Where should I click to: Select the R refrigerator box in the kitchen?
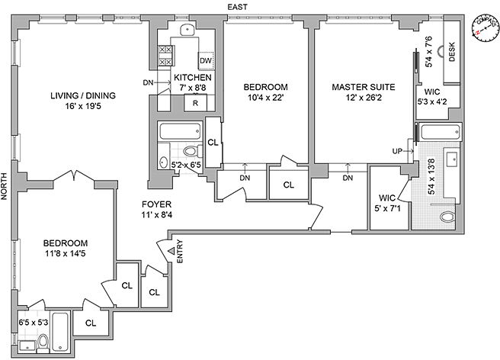point(196,102)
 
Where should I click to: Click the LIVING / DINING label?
point(83,95)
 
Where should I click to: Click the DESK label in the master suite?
point(451,53)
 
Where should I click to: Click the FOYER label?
point(157,204)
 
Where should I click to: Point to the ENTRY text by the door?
point(180,252)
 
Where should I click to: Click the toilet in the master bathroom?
point(450,217)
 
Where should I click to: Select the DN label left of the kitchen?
point(148,83)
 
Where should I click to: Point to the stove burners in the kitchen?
point(163,54)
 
